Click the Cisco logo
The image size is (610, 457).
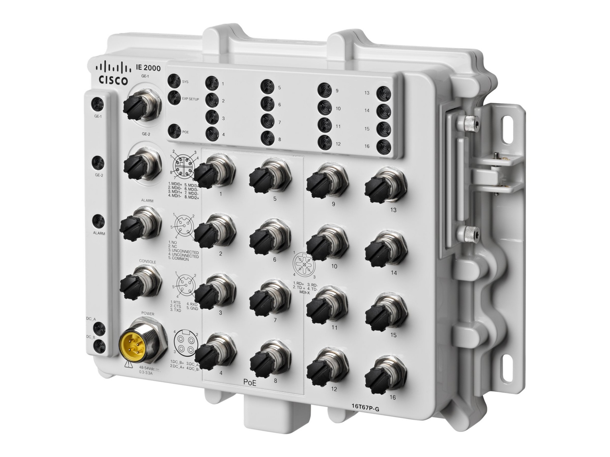click(x=113, y=74)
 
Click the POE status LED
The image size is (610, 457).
click(x=174, y=131)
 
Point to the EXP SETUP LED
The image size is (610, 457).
click(x=174, y=97)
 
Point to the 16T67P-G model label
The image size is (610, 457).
click(x=365, y=409)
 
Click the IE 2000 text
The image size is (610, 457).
click(x=148, y=68)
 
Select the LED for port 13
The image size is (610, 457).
click(x=383, y=94)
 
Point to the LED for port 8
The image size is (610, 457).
click(x=268, y=137)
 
